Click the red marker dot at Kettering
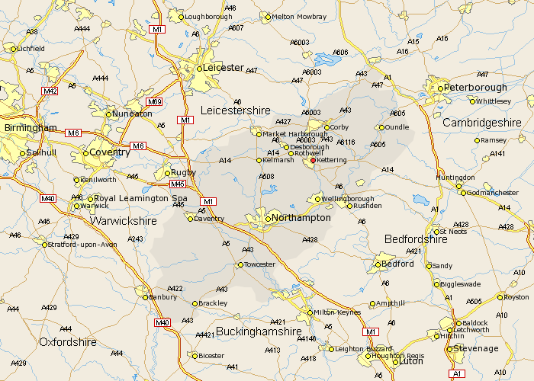click(313, 161)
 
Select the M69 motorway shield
click(154, 102)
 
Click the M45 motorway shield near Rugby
click(179, 184)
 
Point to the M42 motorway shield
click(50, 91)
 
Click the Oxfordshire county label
click(68, 342)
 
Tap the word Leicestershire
click(235, 110)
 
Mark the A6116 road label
click(346, 142)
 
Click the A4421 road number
click(204, 335)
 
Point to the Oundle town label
click(397, 127)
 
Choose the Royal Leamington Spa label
click(141, 198)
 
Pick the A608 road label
click(265, 177)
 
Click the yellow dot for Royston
click(500, 297)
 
